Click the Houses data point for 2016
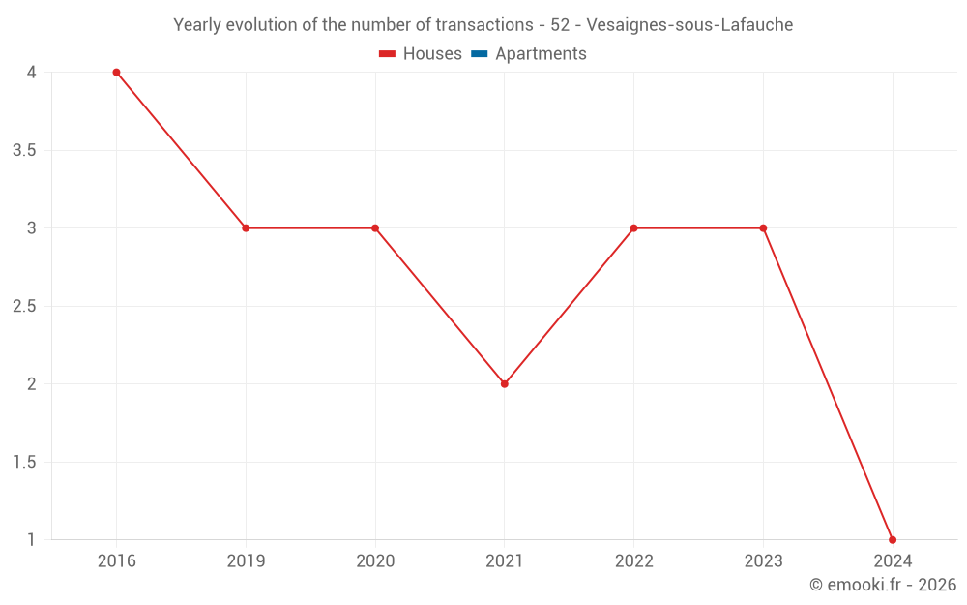tap(116, 73)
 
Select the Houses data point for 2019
tap(246, 228)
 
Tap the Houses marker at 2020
tap(375, 228)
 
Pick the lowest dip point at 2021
tap(505, 384)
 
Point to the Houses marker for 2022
tap(633, 228)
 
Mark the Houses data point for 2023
tap(763, 228)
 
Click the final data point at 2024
tap(893, 540)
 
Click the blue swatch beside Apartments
tap(479, 54)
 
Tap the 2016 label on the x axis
tap(117, 561)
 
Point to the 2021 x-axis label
tap(505, 561)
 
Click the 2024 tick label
tap(893, 561)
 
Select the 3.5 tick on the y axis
tap(25, 150)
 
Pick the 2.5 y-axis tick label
tap(25, 306)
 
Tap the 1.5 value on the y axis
tap(25, 462)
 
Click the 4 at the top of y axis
tap(32, 73)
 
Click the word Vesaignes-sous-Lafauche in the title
tap(690, 25)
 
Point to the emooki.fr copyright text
tap(883, 585)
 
